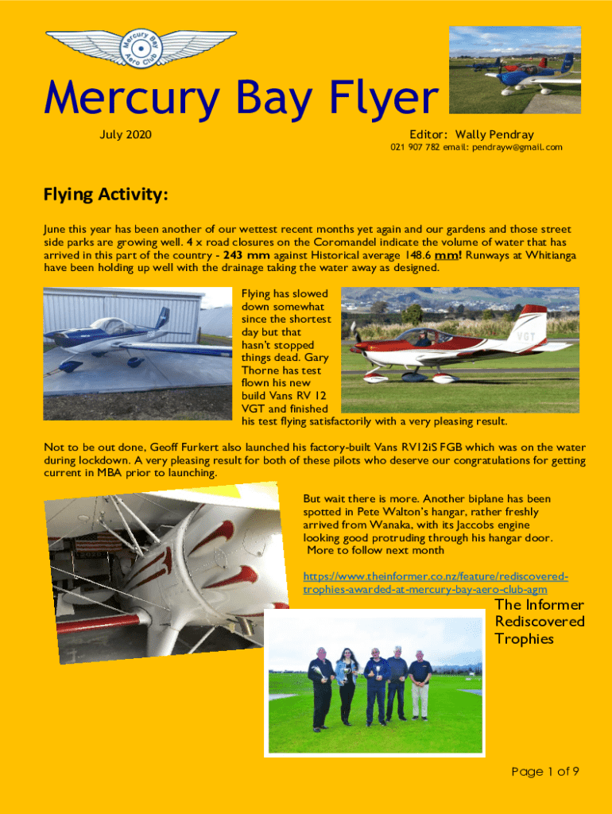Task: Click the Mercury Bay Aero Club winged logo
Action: coord(140,48)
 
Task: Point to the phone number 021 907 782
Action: coord(415,148)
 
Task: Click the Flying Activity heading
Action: coord(105,195)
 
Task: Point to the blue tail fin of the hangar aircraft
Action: coord(162,318)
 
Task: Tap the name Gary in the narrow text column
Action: coord(316,358)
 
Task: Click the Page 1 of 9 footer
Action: coord(544,771)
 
